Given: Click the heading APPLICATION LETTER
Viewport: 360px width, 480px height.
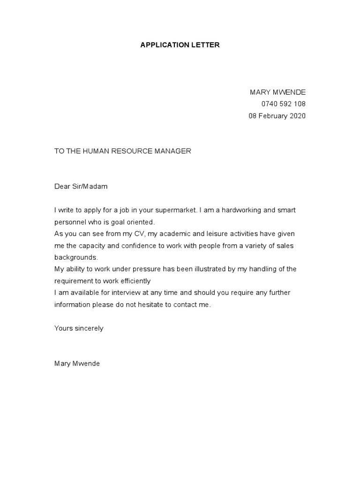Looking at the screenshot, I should [x=180, y=45].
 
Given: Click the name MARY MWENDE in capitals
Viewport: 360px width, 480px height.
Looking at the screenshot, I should [x=277, y=92].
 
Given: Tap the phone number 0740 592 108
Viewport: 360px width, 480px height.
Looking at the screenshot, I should [x=283, y=104].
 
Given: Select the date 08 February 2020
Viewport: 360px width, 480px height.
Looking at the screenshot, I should [x=277, y=116].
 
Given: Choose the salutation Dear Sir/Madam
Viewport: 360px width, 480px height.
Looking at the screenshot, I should [x=81, y=187].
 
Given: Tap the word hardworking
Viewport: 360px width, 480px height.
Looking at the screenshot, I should [x=243, y=210].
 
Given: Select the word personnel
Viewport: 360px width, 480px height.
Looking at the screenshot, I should [x=70, y=222].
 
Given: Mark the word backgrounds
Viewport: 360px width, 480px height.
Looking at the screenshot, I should [x=75, y=257].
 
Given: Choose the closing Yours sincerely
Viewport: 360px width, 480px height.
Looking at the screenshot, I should [x=79, y=328].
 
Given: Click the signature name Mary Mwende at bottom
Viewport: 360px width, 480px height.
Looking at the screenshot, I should [x=77, y=364].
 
